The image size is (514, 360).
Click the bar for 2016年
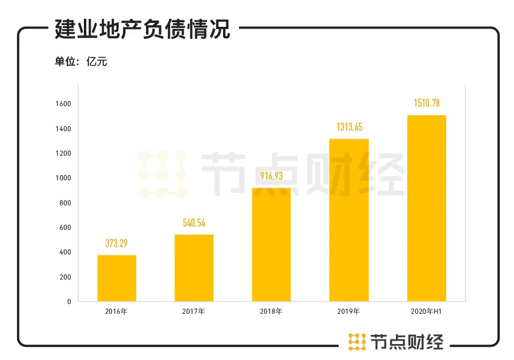pos(117,278)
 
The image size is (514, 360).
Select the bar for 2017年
pos(194,268)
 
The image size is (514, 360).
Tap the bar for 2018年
pos(271,244)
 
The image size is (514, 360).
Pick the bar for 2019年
pos(349,220)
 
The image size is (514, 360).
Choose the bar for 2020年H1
pos(426,208)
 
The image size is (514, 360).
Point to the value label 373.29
pos(117,244)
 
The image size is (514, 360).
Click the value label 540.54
pos(194,223)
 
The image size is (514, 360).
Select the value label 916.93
pos(272,176)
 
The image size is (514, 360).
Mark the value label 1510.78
pos(426,103)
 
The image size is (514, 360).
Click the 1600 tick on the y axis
pos(63,104)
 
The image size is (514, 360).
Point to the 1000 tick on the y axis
pos(63,178)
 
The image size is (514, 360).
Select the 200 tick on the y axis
pos(65,277)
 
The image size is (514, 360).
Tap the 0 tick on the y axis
pos(68,301)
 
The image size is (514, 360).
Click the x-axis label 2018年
pos(271,312)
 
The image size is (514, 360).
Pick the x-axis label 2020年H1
pos(426,312)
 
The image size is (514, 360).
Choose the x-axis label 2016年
pos(116,312)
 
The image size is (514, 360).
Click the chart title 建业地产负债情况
pos(143,29)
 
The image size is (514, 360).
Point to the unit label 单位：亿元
pos(81,62)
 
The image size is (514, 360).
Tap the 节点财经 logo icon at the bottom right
pos(357,341)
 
